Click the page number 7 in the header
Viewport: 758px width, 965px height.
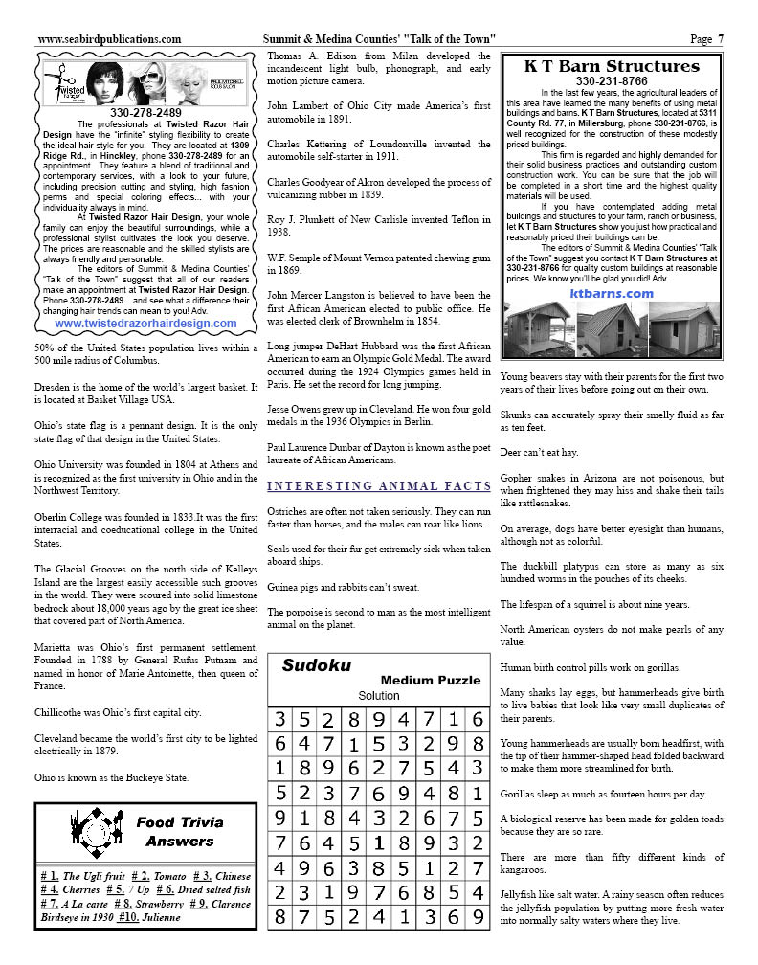721,39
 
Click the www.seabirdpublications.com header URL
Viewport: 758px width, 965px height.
109,39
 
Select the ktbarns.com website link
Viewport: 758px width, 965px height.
612,294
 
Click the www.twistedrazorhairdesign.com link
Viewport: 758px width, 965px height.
145,324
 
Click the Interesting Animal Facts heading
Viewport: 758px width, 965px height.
379,486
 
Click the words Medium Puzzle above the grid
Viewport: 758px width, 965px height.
430,680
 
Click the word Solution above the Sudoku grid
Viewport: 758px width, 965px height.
379,695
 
